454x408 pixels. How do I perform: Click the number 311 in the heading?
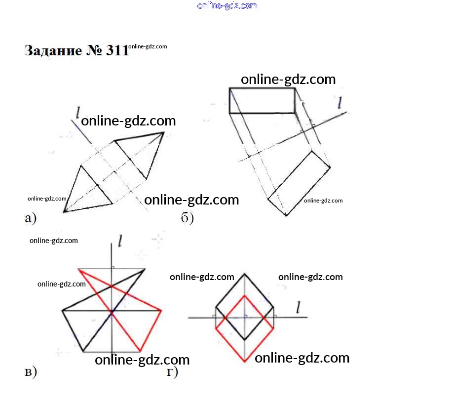(x=117, y=50)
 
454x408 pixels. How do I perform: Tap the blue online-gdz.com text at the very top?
(x=227, y=6)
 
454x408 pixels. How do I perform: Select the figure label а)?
(x=31, y=217)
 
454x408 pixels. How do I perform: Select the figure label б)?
(x=187, y=217)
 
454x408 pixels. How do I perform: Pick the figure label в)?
(x=31, y=372)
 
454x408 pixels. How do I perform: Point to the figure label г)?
(x=172, y=372)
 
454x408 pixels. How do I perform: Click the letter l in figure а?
(x=77, y=113)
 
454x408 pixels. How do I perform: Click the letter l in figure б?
(x=340, y=103)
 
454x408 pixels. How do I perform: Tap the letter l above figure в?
(x=120, y=241)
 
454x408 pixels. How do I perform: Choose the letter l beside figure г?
(x=298, y=308)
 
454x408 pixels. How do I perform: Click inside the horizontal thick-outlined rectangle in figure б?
(x=262, y=101)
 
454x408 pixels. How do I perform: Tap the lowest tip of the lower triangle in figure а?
(x=64, y=212)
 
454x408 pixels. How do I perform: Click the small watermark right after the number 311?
(x=148, y=46)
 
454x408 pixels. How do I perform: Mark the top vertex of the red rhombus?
(x=245, y=295)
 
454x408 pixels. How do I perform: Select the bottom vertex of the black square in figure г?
(x=245, y=340)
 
